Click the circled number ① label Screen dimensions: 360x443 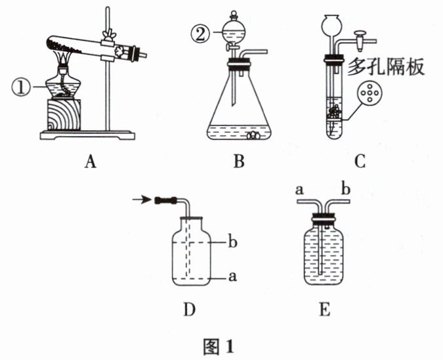(x=20, y=85)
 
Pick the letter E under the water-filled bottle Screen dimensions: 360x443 (x=324, y=307)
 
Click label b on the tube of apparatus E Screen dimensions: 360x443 (x=347, y=190)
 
